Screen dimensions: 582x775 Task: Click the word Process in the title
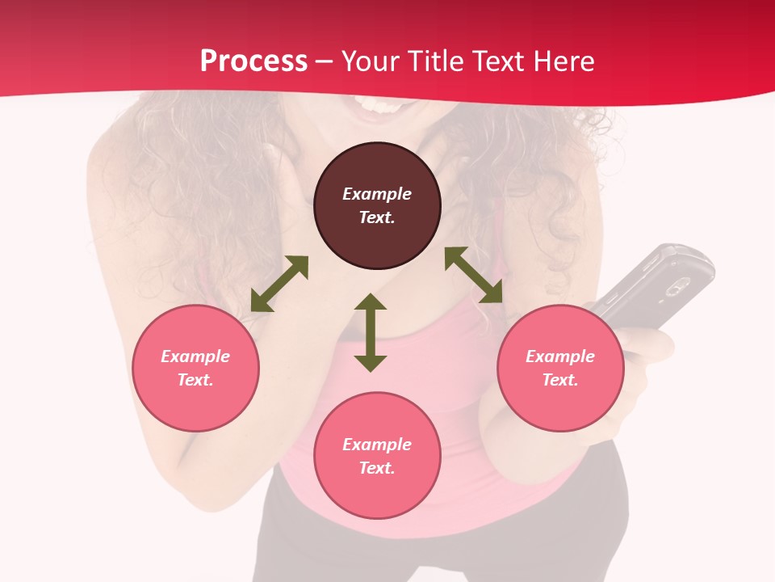point(253,61)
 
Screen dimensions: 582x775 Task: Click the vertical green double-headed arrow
point(371,333)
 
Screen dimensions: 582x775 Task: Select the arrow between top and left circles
point(279,284)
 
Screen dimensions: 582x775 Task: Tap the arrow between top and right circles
point(474,275)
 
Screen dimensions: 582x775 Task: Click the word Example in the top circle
point(377,194)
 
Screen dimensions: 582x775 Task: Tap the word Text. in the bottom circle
point(377,468)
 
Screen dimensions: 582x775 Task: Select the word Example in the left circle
point(195,356)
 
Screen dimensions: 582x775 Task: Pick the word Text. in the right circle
point(560,380)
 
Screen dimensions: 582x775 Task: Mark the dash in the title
point(325,62)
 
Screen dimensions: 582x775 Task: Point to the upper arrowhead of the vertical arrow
point(371,303)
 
